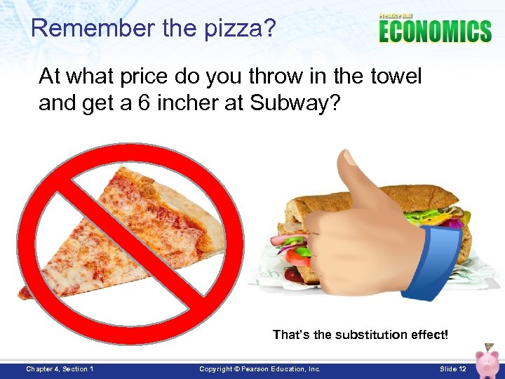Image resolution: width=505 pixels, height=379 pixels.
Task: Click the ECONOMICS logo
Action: pyautogui.click(x=435, y=32)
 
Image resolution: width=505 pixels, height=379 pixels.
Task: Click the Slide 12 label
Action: pyautogui.click(x=452, y=369)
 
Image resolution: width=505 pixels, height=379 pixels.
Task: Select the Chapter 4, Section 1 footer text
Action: pyautogui.click(x=60, y=369)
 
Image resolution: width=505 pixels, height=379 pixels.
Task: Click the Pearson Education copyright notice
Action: pyautogui.click(x=260, y=369)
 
